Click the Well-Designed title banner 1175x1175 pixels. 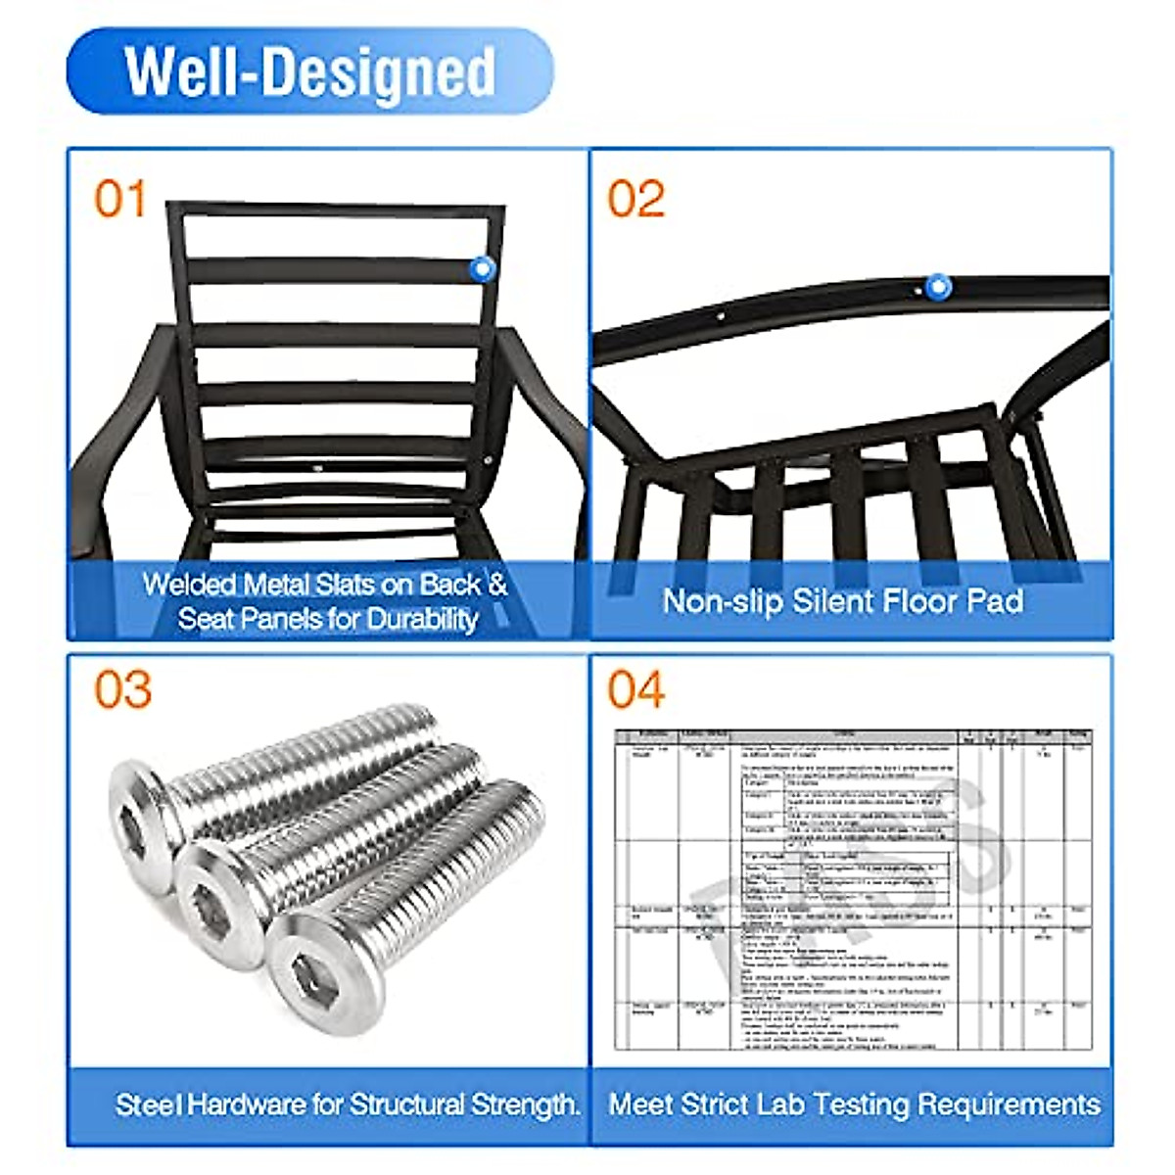(x=309, y=71)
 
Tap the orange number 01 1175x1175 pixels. (x=120, y=199)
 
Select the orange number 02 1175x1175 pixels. (x=635, y=199)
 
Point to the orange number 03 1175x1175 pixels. (x=122, y=689)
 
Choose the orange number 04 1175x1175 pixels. (x=636, y=689)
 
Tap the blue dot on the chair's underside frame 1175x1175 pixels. (x=938, y=287)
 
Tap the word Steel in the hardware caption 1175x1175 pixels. (x=148, y=1104)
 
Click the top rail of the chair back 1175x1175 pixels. (x=336, y=211)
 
